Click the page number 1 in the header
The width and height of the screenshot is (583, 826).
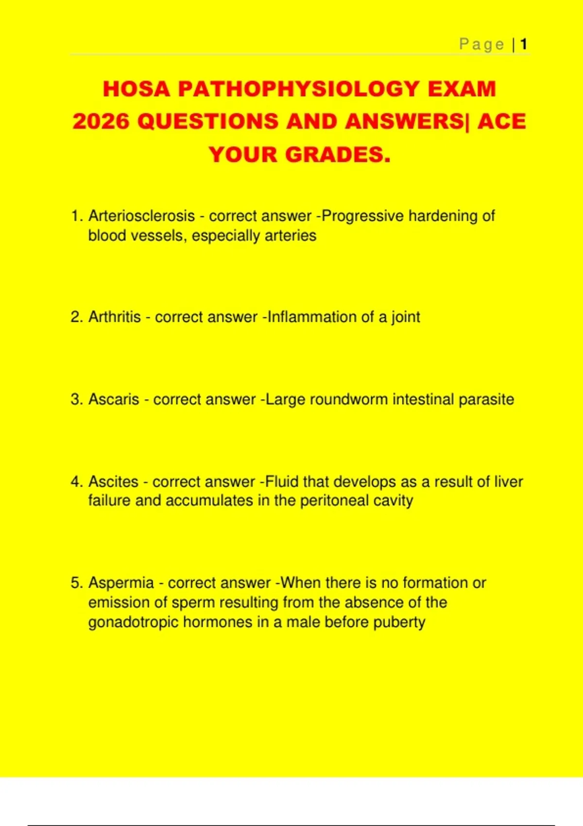[x=524, y=44]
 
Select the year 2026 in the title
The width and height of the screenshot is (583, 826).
[x=102, y=121]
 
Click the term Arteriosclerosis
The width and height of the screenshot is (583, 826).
[x=141, y=216]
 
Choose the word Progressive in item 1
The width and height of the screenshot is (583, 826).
[x=362, y=216]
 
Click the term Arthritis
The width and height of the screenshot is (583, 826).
[x=115, y=317]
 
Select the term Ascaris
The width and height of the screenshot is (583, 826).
[x=114, y=399]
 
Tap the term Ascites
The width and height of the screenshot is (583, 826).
[x=113, y=482]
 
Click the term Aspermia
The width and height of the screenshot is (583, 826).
[x=121, y=583]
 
